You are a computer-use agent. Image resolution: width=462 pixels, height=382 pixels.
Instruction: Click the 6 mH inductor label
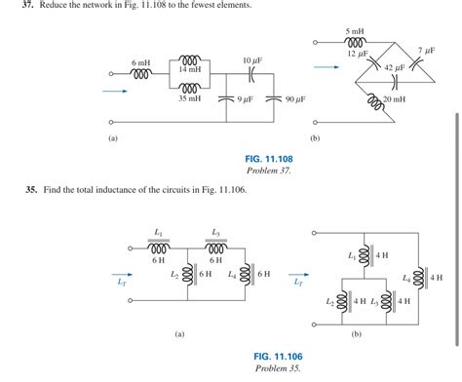(x=141, y=62)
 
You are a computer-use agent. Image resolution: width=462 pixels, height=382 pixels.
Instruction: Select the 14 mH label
(x=189, y=71)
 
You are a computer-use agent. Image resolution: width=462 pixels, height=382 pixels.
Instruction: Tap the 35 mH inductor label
(x=189, y=98)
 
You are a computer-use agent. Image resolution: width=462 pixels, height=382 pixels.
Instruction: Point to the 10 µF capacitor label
(x=252, y=60)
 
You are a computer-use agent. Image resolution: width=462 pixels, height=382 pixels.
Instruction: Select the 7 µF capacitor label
(x=426, y=49)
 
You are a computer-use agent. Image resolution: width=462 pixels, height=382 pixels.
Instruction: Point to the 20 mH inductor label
(x=396, y=100)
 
